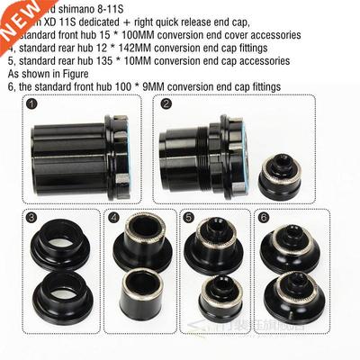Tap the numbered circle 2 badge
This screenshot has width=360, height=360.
tap(166, 104)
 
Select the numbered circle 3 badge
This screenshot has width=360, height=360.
tap(32, 217)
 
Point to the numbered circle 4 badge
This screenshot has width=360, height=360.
tap(114, 217)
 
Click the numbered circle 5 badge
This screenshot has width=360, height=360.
tap(188, 217)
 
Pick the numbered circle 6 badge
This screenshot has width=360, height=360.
tap(263, 217)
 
